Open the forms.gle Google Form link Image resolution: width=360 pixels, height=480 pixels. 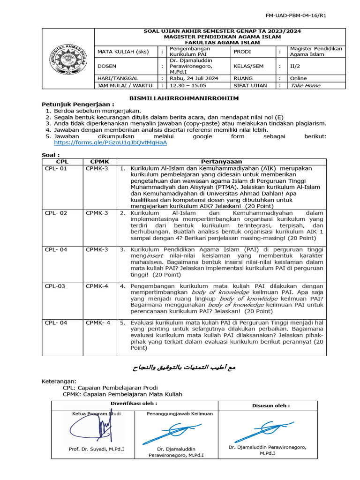coord(110,142)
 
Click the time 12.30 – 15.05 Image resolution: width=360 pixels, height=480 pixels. coord(187,85)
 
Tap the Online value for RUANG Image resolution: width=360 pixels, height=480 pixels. coord(299,78)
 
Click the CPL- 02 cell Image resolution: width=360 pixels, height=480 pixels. coord(56,213)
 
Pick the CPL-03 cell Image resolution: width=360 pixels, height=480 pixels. coord(55,285)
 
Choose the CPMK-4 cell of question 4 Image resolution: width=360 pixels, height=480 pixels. coord(97,285)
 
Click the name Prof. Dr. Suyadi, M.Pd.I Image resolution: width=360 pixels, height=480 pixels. coord(96,449)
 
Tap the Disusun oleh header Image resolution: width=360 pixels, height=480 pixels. coord(271,405)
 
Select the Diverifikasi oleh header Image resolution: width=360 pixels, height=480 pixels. coord(134,403)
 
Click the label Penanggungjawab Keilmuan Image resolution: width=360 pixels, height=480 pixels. coord(180,413)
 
